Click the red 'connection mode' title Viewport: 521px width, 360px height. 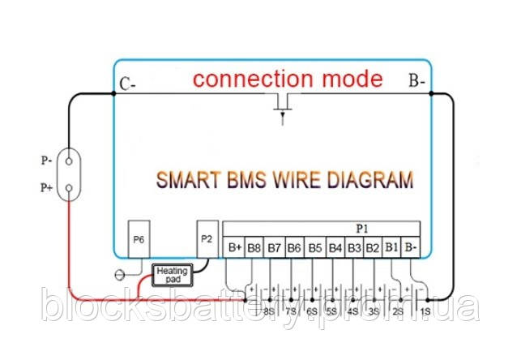pos(288,79)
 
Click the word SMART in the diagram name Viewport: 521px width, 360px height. pos(188,180)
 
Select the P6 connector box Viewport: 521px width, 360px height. pos(139,240)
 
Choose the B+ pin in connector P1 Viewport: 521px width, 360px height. pos(235,247)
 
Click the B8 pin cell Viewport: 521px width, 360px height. pos(254,247)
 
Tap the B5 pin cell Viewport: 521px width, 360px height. pos(314,247)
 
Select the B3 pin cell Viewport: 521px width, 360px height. pos(353,247)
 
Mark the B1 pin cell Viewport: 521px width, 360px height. pos(391,247)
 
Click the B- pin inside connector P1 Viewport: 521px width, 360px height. pos(412,247)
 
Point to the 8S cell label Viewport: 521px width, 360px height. pos(269,311)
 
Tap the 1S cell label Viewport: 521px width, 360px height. pos(425,311)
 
